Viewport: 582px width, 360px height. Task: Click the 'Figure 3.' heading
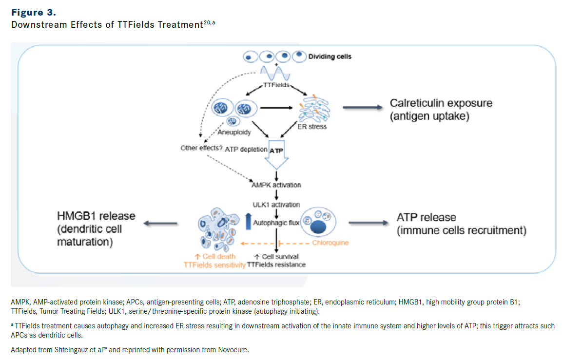pyautogui.click(x=34, y=12)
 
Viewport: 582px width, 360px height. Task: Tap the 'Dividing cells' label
pyautogui.click(x=330, y=57)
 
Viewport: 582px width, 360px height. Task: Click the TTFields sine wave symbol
pyautogui.click(x=275, y=74)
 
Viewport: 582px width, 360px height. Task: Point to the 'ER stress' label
pyautogui.click(x=312, y=127)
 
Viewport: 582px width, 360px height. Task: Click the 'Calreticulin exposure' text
pyautogui.click(x=441, y=103)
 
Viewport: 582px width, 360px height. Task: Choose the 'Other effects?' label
pyautogui.click(x=201, y=148)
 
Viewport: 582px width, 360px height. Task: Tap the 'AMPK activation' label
pyautogui.click(x=276, y=185)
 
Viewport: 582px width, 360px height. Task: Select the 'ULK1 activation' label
pyautogui.click(x=276, y=205)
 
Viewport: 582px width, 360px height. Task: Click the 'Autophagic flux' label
pyautogui.click(x=276, y=223)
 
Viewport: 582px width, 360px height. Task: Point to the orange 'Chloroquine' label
pyautogui.click(x=330, y=242)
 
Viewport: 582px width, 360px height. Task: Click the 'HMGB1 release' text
pyautogui.click(x=95, y=216)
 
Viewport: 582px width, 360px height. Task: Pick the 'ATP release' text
pyautogui.click(x=427, y=217)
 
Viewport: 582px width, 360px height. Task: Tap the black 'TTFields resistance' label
pyautogui.click(x=276, y=265)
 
